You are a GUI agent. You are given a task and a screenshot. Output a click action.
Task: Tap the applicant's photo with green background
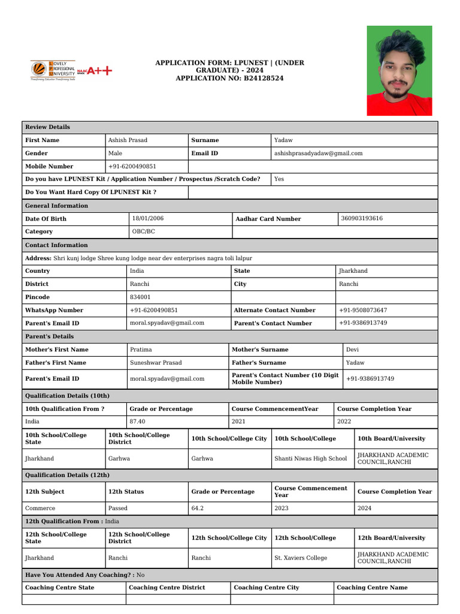pos(399,71)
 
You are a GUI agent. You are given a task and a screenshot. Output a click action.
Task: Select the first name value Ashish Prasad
pos(128,140)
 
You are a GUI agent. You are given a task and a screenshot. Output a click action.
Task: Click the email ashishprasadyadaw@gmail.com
pos(318,153)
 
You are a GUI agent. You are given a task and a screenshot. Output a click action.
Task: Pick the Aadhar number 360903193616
pos(362,219)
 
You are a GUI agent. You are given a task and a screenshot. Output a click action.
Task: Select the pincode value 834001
pos(140,297)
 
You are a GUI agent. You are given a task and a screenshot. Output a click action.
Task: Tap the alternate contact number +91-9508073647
pos(363,311)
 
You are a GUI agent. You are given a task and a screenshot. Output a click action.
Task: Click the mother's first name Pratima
pos(141,350)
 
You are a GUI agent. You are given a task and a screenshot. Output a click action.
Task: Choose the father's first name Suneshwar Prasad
pos(156,363)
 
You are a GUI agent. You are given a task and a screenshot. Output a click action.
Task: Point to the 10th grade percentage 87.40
pos(137,422)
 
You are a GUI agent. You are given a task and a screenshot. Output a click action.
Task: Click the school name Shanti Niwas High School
pos(310,459)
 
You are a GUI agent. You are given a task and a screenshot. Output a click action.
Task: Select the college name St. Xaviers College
pos(301,558)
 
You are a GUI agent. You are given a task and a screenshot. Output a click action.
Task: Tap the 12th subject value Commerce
pos(40,508)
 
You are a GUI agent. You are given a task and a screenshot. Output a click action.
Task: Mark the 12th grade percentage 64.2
pos(198,508)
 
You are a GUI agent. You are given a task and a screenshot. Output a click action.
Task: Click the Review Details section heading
pos(47,127)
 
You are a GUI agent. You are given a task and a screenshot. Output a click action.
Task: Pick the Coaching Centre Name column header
pos(373,588)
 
